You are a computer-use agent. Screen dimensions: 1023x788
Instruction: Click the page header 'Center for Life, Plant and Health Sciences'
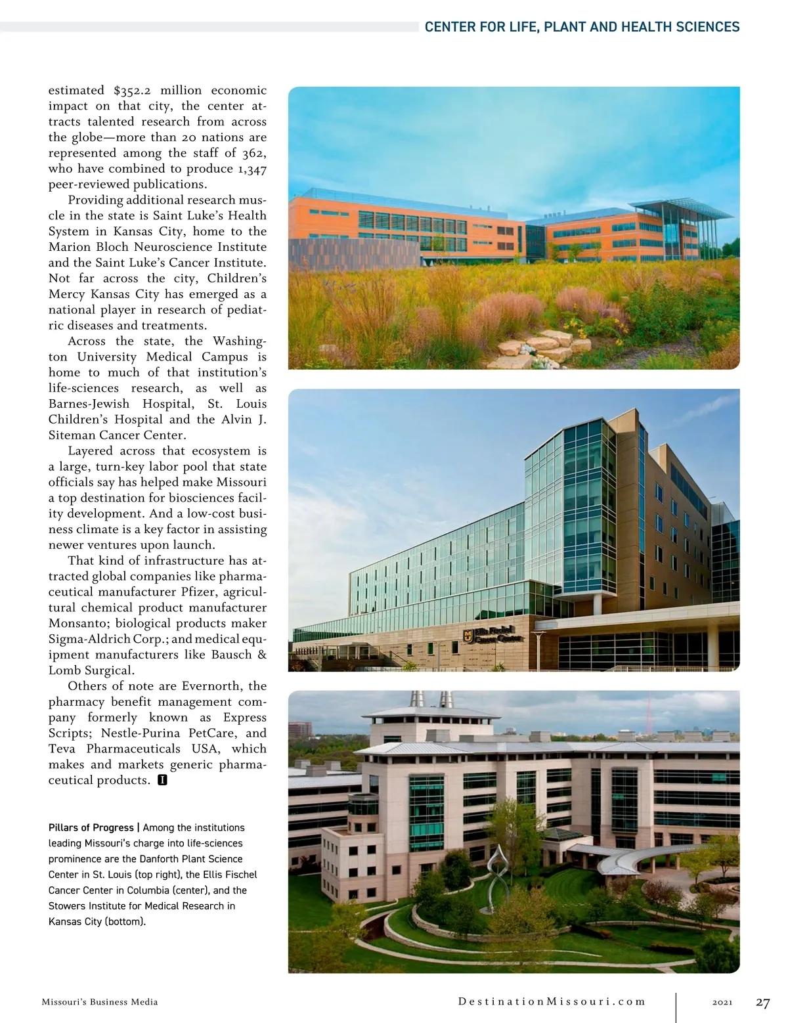click(582, 27)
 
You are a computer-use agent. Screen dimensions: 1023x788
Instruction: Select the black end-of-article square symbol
click(163, 781)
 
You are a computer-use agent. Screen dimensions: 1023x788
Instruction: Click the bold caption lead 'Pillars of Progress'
click(91, 828)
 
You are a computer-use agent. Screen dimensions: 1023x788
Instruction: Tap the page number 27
click(762, 1003)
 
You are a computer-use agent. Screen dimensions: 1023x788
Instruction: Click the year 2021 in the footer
click(722, 1003)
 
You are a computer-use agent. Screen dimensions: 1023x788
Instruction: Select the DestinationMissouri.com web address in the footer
click(552, 1002)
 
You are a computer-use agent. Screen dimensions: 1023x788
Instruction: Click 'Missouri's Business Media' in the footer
click(100, 1003)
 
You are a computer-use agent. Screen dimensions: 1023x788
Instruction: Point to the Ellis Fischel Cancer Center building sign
click(494, 634)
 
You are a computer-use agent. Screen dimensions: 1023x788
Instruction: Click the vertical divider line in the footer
click(676, 1003)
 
